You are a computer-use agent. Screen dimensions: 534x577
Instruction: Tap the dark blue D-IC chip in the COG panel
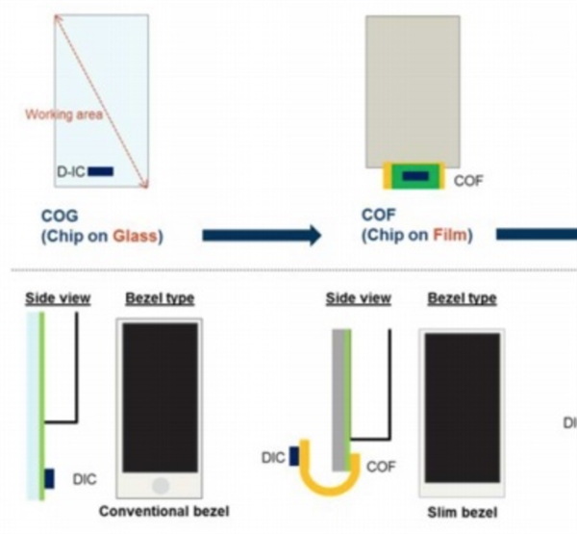[101, 171]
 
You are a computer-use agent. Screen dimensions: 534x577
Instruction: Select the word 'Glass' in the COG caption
[139, 235]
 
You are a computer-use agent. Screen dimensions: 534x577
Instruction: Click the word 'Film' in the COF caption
[451, 235]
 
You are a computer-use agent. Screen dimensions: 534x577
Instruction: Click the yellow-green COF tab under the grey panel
[414, 176]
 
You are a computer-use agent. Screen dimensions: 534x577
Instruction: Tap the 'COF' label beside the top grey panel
[468, 180]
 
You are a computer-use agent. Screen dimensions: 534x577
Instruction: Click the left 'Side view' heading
[59, 298]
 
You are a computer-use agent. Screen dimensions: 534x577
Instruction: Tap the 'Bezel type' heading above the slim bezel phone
[462, 298]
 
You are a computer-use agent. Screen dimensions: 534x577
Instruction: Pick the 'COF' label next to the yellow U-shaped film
[380, 466]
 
